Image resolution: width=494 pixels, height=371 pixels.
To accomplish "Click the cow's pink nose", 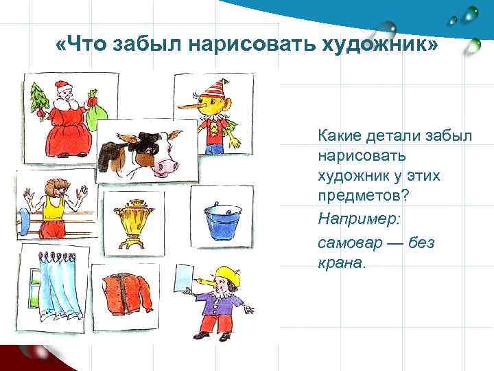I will pos(165,166).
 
